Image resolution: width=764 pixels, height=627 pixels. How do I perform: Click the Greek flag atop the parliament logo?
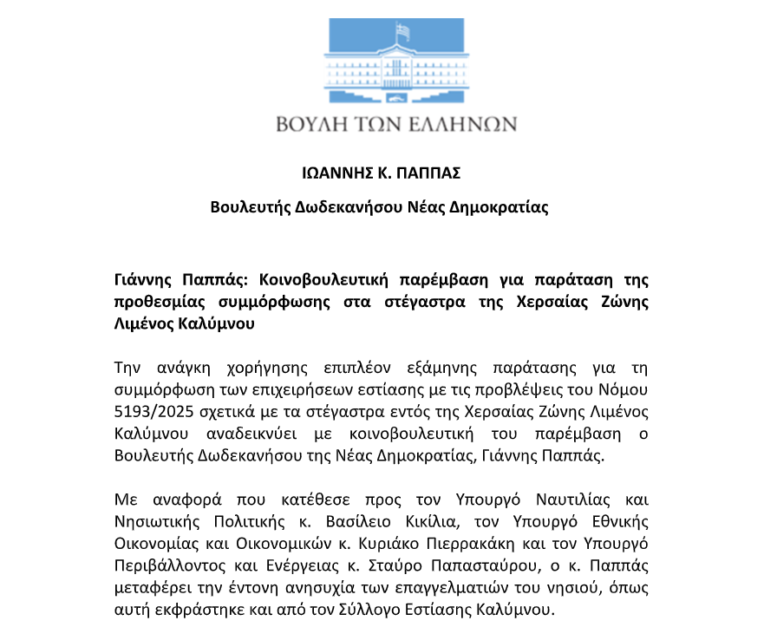[x=402, y=31]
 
